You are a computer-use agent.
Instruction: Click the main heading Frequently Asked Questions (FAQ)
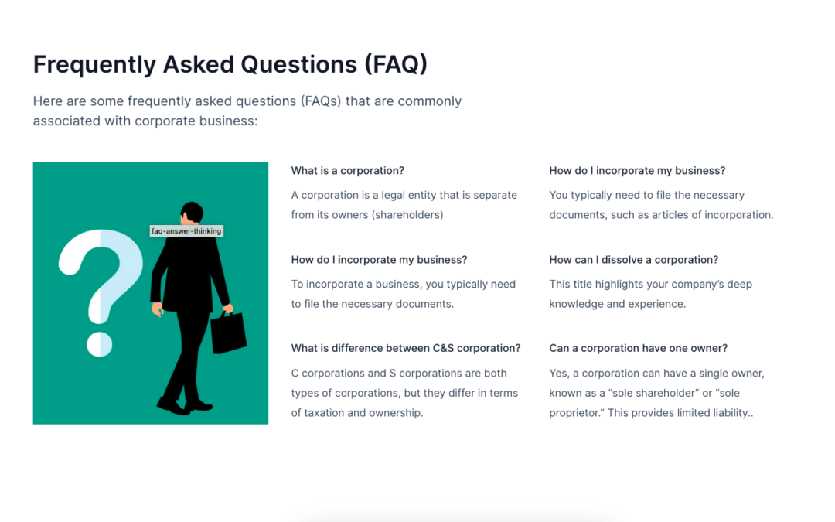click(x=230, y=64)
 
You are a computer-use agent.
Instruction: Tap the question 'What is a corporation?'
click(x=348, y=170)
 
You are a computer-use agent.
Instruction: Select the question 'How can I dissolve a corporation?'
click(x=634, y=259)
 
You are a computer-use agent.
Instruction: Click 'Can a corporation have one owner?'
click(x=638, y=348)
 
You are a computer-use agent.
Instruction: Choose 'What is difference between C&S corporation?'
click(x=406, y=348)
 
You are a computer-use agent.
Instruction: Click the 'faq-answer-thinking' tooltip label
click(x=186, y=231)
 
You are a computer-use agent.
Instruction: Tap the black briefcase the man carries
click(x=228, y=332)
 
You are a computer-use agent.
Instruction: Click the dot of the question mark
click(x=100, y=344)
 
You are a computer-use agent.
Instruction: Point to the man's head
click(x=192, y=213)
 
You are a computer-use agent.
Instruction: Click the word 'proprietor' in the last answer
click(x=574, y=413)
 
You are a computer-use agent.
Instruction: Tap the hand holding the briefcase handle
click(x=228, y=309)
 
